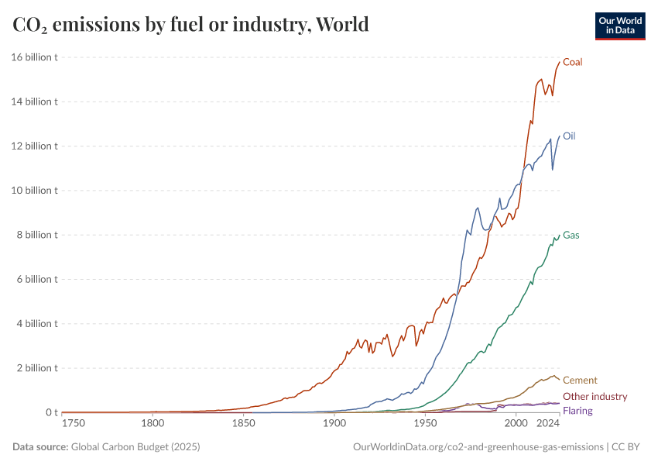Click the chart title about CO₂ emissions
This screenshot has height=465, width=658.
(x=190, y=25)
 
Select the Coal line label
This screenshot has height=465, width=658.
(x=573, y=62)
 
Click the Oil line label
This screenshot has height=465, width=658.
(x=569, y=136)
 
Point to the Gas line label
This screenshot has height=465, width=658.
(x=571, y=235)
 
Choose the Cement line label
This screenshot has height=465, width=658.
(x=580, y=380)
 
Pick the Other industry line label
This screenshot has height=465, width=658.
(x=595, y=396)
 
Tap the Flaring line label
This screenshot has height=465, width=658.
(x=577, y=410)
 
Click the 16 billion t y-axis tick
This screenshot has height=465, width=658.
(x=35, y=57)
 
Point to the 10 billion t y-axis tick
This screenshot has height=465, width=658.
(x=35, y=191)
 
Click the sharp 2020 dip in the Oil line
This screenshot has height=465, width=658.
(x=552, y=170)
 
